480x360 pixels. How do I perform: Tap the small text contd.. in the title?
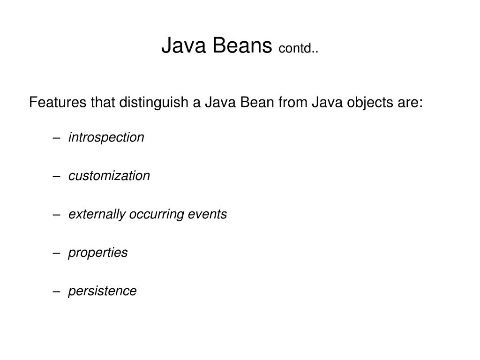pyautogui.click(x=298, y=48)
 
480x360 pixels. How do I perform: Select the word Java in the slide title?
pyautogui.click(x=185, y=46)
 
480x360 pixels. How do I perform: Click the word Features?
pyautogui.click(x=58, y=102)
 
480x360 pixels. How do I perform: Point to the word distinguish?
pyautogui.click(x=154, y=103)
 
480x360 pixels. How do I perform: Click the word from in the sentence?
pyautogui.click(x=293, y=102)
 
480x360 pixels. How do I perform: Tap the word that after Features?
pyautogui.click(x=103, y=102)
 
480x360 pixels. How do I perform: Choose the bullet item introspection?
pyautogui.click(x=106, y=137)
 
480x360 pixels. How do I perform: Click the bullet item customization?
pyautogui.click(x=109, y=176)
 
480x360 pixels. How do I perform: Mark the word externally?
pyautogui.click(x=97, y=214)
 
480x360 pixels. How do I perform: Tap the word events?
pyautogui.click(x=207, y=214)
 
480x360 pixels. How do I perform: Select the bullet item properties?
pyautogui.click(x=97, y=253)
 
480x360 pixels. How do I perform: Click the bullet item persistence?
pyautogui.click(x=102, y=291)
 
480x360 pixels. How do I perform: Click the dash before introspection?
pyautogui.click(x=57, y=138)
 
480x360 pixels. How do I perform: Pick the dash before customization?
pyautogui.click(x=57, y=176)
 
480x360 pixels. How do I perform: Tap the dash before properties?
pyautogui.click(x=57, y=253)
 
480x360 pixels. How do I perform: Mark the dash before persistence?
pyautogui.click(x=57, y=292)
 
